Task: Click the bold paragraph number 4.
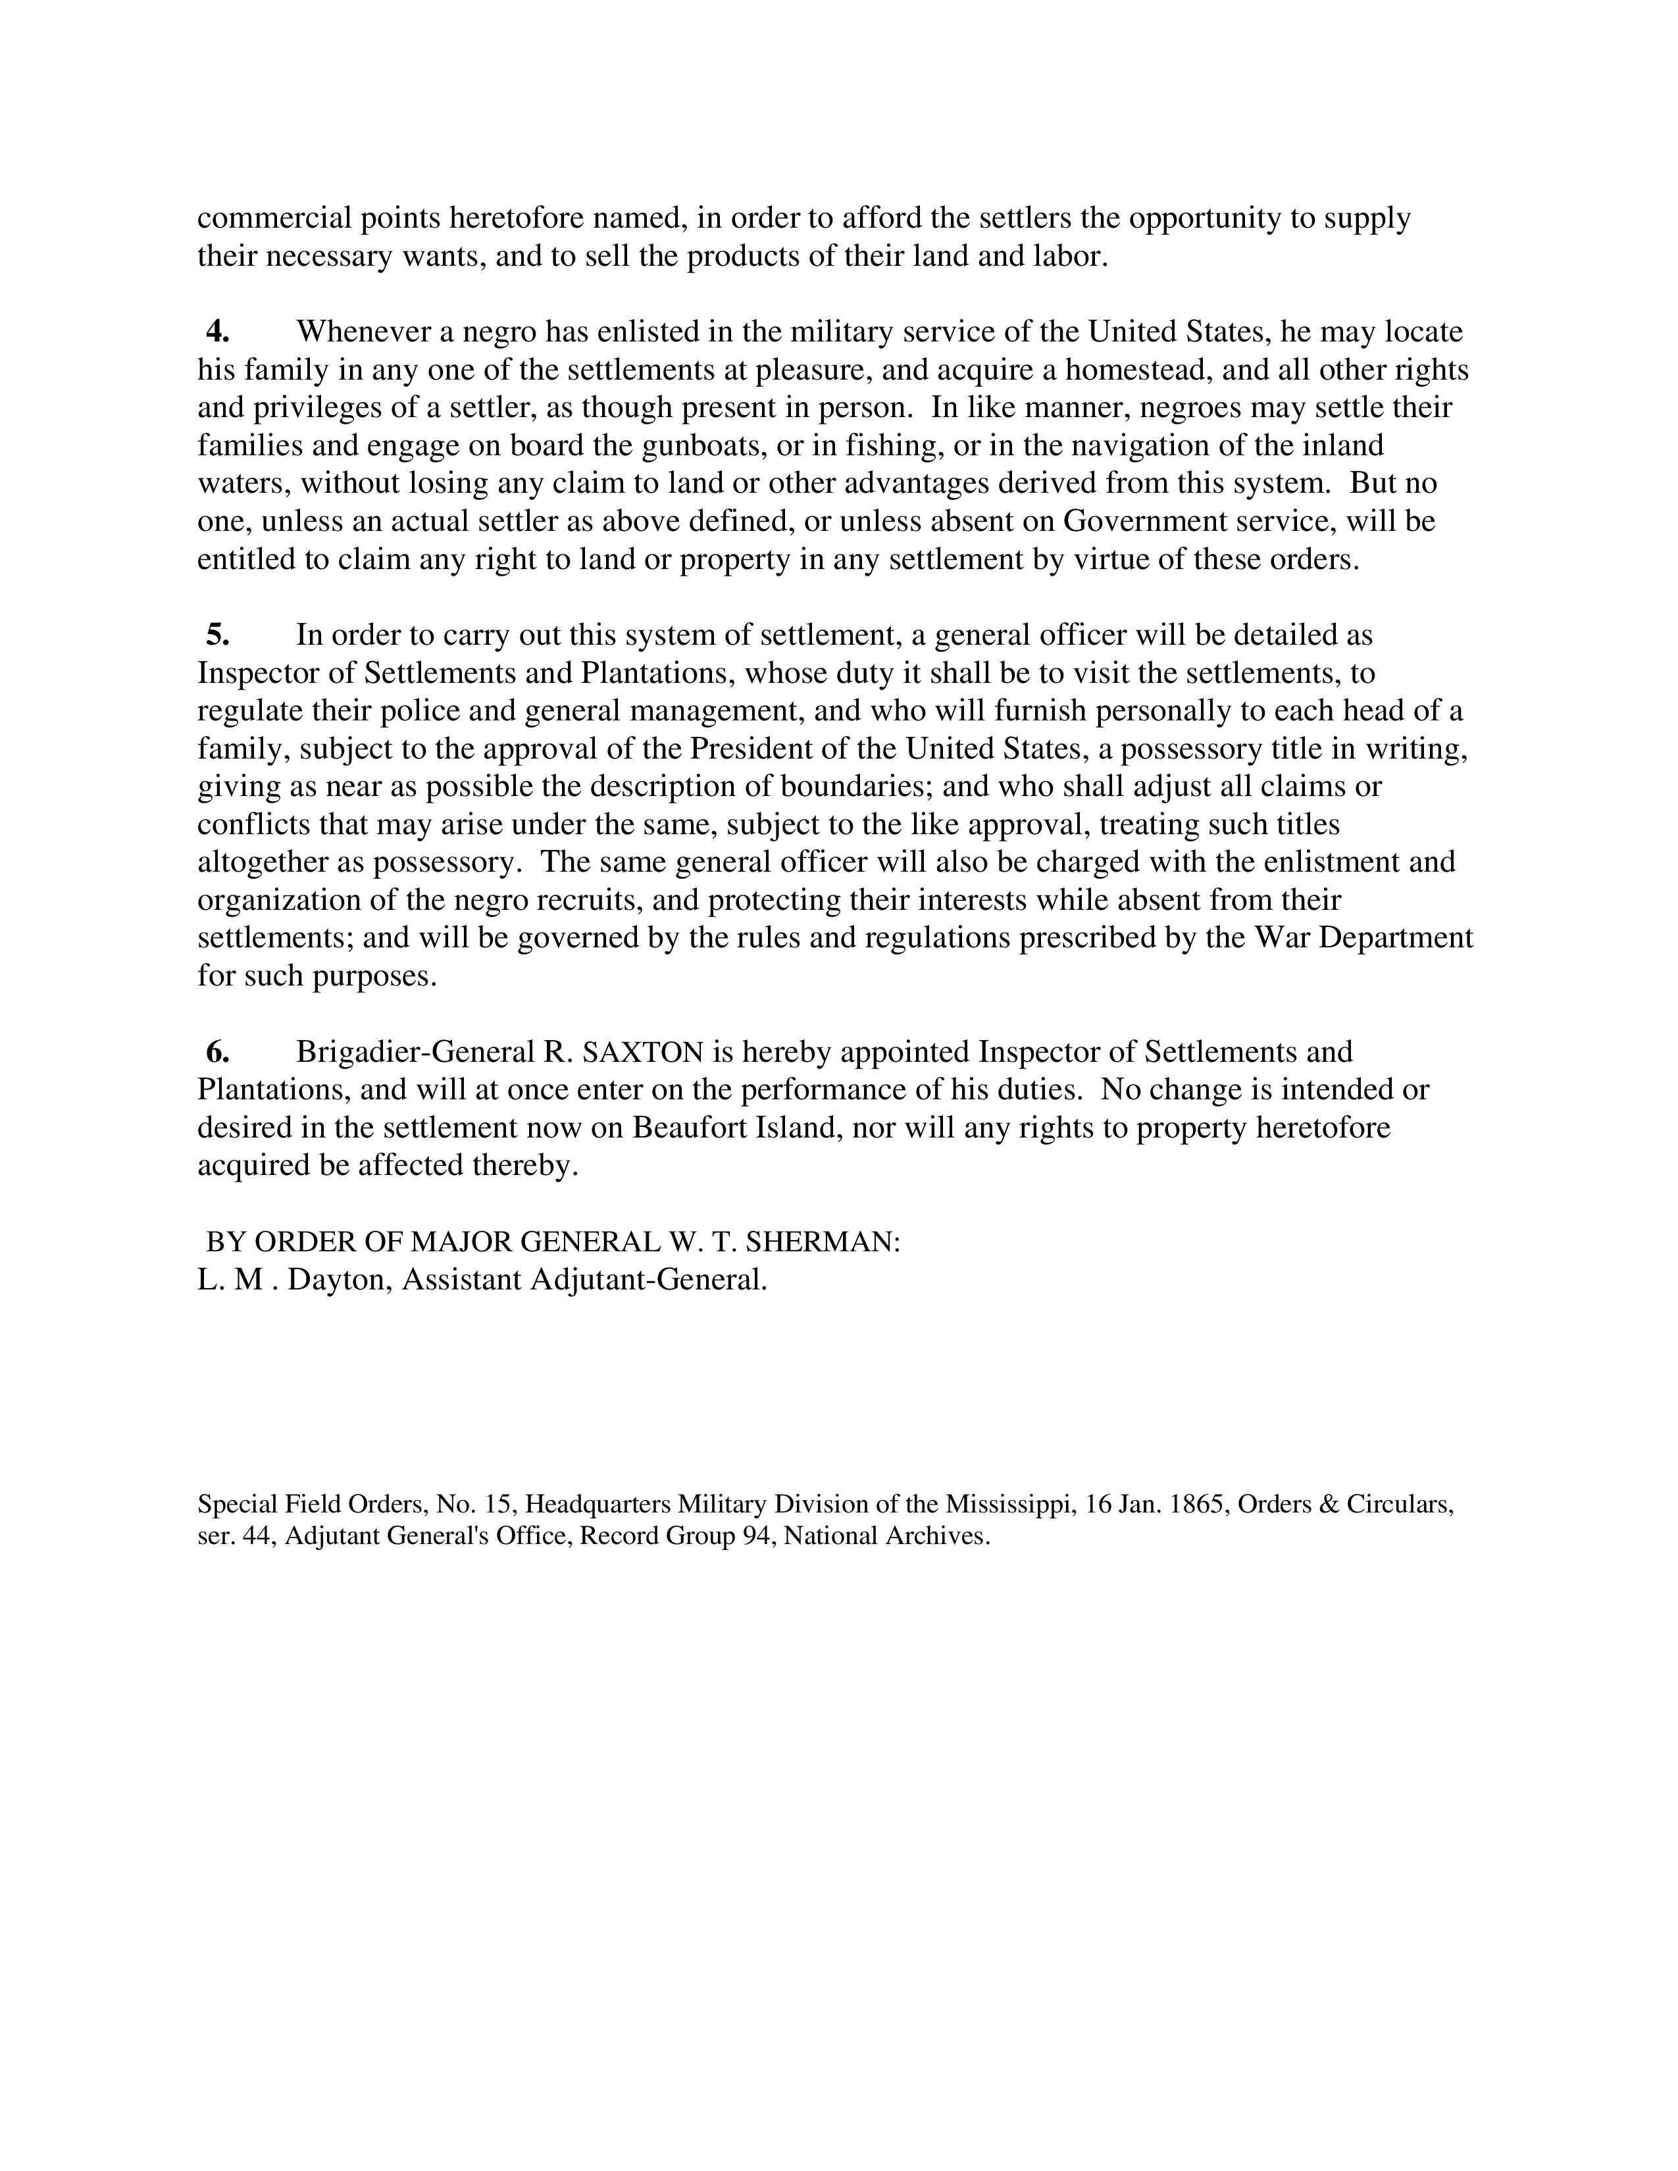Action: pos(218,331)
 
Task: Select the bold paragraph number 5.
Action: pos(218,634)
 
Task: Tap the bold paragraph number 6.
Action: pos(218,1052)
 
